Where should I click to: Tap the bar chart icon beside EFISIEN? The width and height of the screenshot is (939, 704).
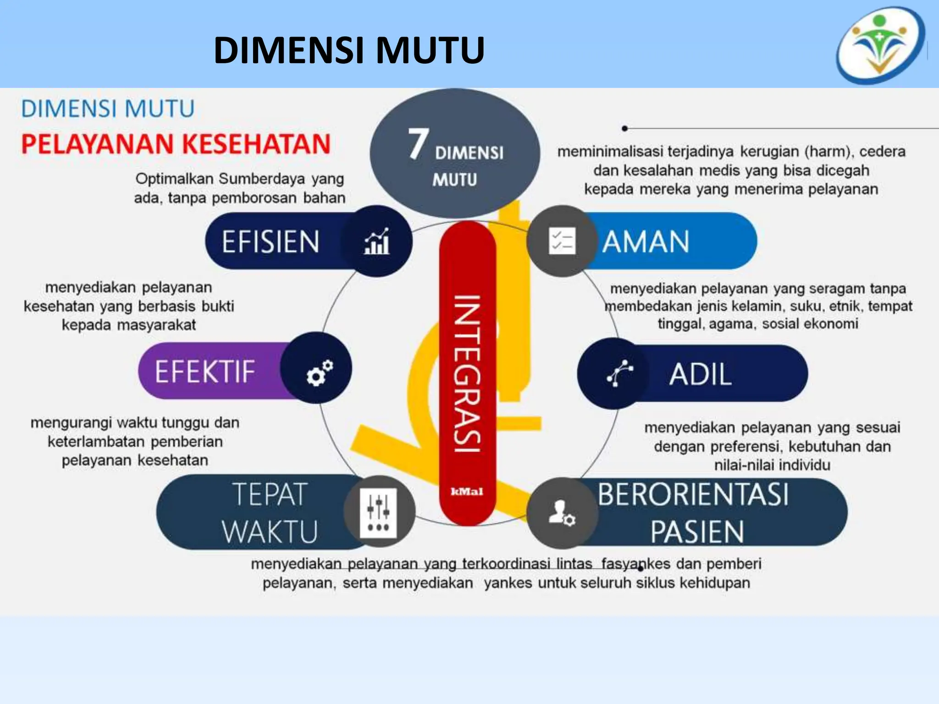(377, 242)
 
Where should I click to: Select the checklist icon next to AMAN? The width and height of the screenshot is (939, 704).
(562, 241)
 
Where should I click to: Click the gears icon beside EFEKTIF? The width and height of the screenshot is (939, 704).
(319, 372)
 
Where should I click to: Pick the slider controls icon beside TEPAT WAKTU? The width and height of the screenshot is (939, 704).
(379, 511)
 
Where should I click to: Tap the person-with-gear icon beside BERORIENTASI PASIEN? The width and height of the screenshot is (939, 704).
(562, 513)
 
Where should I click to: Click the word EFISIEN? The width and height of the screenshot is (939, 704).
(271, 242)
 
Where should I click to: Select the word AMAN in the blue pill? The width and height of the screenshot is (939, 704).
(646, 242)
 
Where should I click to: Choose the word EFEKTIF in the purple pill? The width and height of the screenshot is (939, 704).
(204, 371)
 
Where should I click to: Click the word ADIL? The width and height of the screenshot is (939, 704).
(700, 374)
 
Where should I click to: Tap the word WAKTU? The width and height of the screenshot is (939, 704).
(270, 532)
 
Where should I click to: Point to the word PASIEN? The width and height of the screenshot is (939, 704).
(697, 532)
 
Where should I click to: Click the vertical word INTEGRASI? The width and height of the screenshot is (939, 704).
(467, 374)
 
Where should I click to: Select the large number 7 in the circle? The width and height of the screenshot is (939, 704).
(418, 144)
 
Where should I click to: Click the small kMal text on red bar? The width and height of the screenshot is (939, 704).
(467, 492)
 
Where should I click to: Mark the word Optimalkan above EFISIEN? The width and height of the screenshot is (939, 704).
(174, 178)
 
